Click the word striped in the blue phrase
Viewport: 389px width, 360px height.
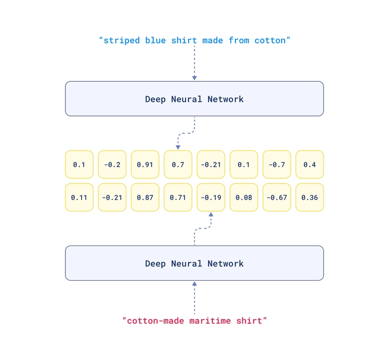click(x=122, y=40)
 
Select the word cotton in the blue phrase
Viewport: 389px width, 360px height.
click(x=270, y=40)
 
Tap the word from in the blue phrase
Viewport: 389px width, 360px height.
click(x=239, y=40)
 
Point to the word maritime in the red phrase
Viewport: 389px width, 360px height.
click(x=210, y=321)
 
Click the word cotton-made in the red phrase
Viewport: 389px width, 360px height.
click(x=156, y=321)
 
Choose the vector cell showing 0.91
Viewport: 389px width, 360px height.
click(x=145, y=164)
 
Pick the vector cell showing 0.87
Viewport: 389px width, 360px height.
click(x=145, y=197)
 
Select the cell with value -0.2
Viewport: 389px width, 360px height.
click(x=112, y=164)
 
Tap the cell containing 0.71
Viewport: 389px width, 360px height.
click(x=178, y=197)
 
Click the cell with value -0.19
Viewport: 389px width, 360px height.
click(x=211, y=197)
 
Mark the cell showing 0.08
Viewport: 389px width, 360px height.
click(x=244, y=197)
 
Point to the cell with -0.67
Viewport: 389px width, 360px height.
click(x=277, y=197)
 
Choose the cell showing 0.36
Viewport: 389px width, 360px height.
click(x=310, y=197)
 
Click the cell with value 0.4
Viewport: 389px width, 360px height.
click(x=310, y=164)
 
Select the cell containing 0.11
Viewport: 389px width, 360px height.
click(x=79, y=197)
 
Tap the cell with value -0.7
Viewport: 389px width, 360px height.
click(x=277, y=164)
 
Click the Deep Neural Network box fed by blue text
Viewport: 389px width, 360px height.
click(x=194, y=99)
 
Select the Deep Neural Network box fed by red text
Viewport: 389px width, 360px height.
click(x=194, y=263)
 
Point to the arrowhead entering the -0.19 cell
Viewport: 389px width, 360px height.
click(x=211, y=214)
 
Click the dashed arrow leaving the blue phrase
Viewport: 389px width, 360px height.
click(x=194, y=63)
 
